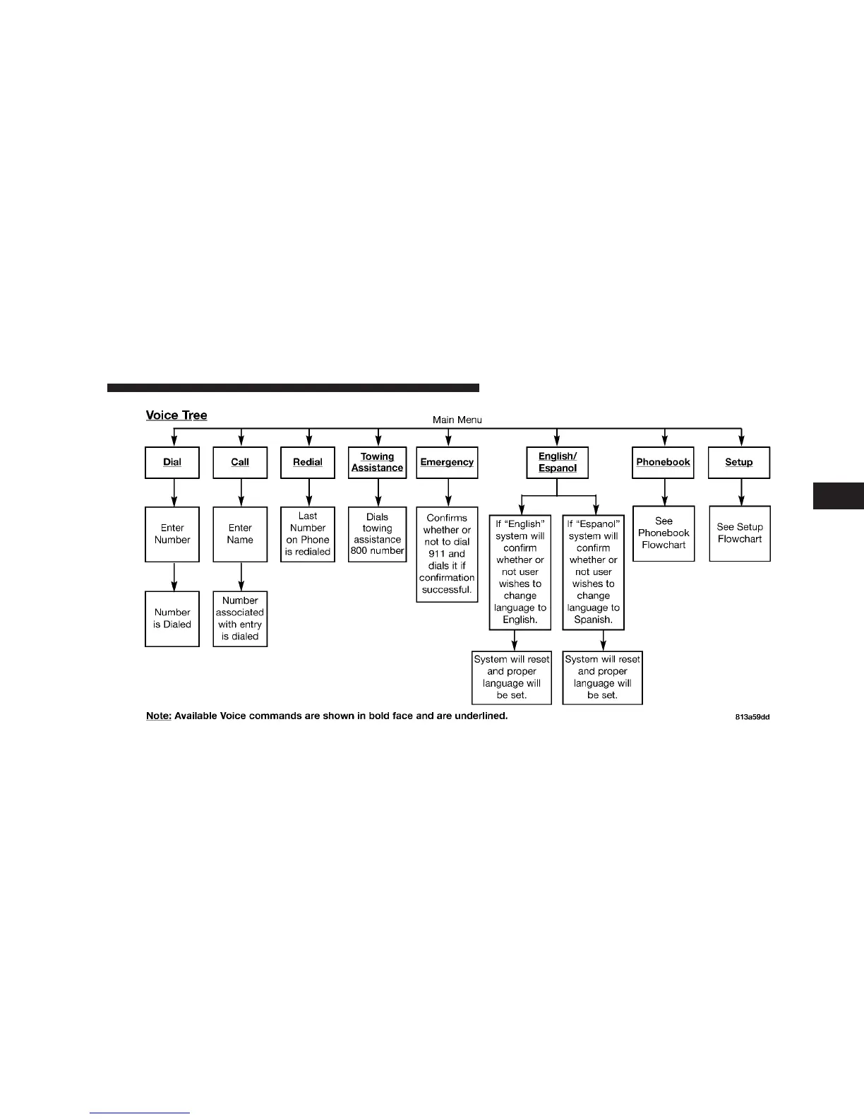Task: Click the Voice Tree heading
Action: click(x=176, y=415)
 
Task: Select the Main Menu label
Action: click(x=457, y=420)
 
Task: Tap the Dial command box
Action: click(x=172, y=463)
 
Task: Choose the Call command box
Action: click(x=240, y=463)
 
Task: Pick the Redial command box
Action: click(x=308, y=463)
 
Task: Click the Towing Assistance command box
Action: click(x=378, y=463)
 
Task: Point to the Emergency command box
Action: click(x=447, y=463)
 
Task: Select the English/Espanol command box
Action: click(x=558, y=463)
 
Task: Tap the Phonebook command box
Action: click(x=664, y=463)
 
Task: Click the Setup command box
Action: click(x=739, y=463)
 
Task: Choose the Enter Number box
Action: click(x=172, y=534)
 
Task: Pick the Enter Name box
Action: click(x=240, y=534)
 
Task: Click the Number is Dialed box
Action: click(x=172, y=619)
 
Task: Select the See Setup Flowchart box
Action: click(x=740, y=533)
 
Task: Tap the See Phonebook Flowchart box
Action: click(x=664, y=533)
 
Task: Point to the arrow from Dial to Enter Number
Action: click(x=174, y=492)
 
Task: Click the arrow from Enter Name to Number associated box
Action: click(x=241, y=576)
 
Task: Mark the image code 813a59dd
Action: click(x=752, y=717)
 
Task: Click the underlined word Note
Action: click(x=158, y=716)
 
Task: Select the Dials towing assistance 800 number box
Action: click(x=378, y=534)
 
